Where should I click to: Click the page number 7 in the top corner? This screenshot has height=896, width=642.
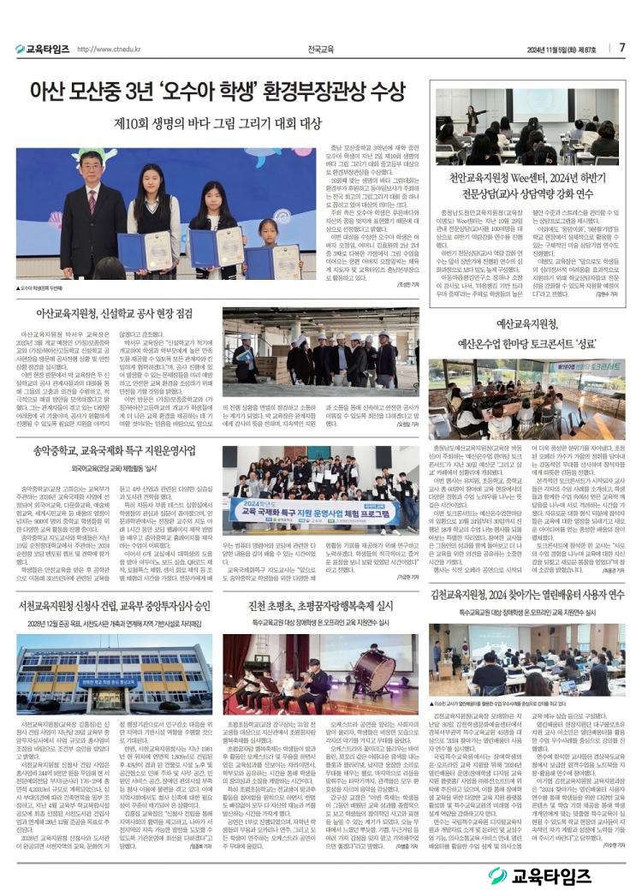pyautogui.click(x=622, y=48)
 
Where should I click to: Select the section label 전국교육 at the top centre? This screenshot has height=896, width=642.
pyautogui.click(x=321, y=49)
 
